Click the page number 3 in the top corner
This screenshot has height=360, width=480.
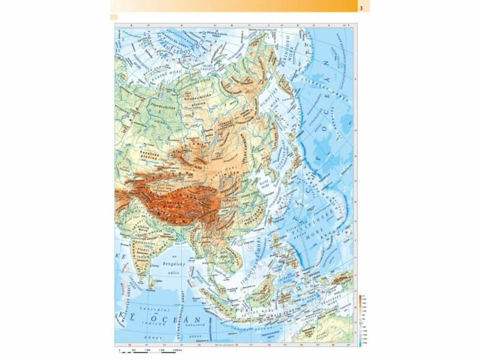362,8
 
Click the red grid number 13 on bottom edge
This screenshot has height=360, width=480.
236,345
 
